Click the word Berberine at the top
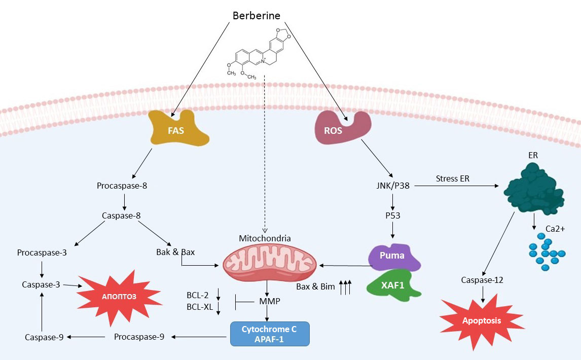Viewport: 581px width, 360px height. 257,15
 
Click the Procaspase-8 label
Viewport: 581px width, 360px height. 122,186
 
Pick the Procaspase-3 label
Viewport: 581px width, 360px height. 42,253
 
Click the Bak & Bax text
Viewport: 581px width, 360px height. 175,251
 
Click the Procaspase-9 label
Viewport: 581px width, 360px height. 139,336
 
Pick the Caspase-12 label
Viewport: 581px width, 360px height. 483,280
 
